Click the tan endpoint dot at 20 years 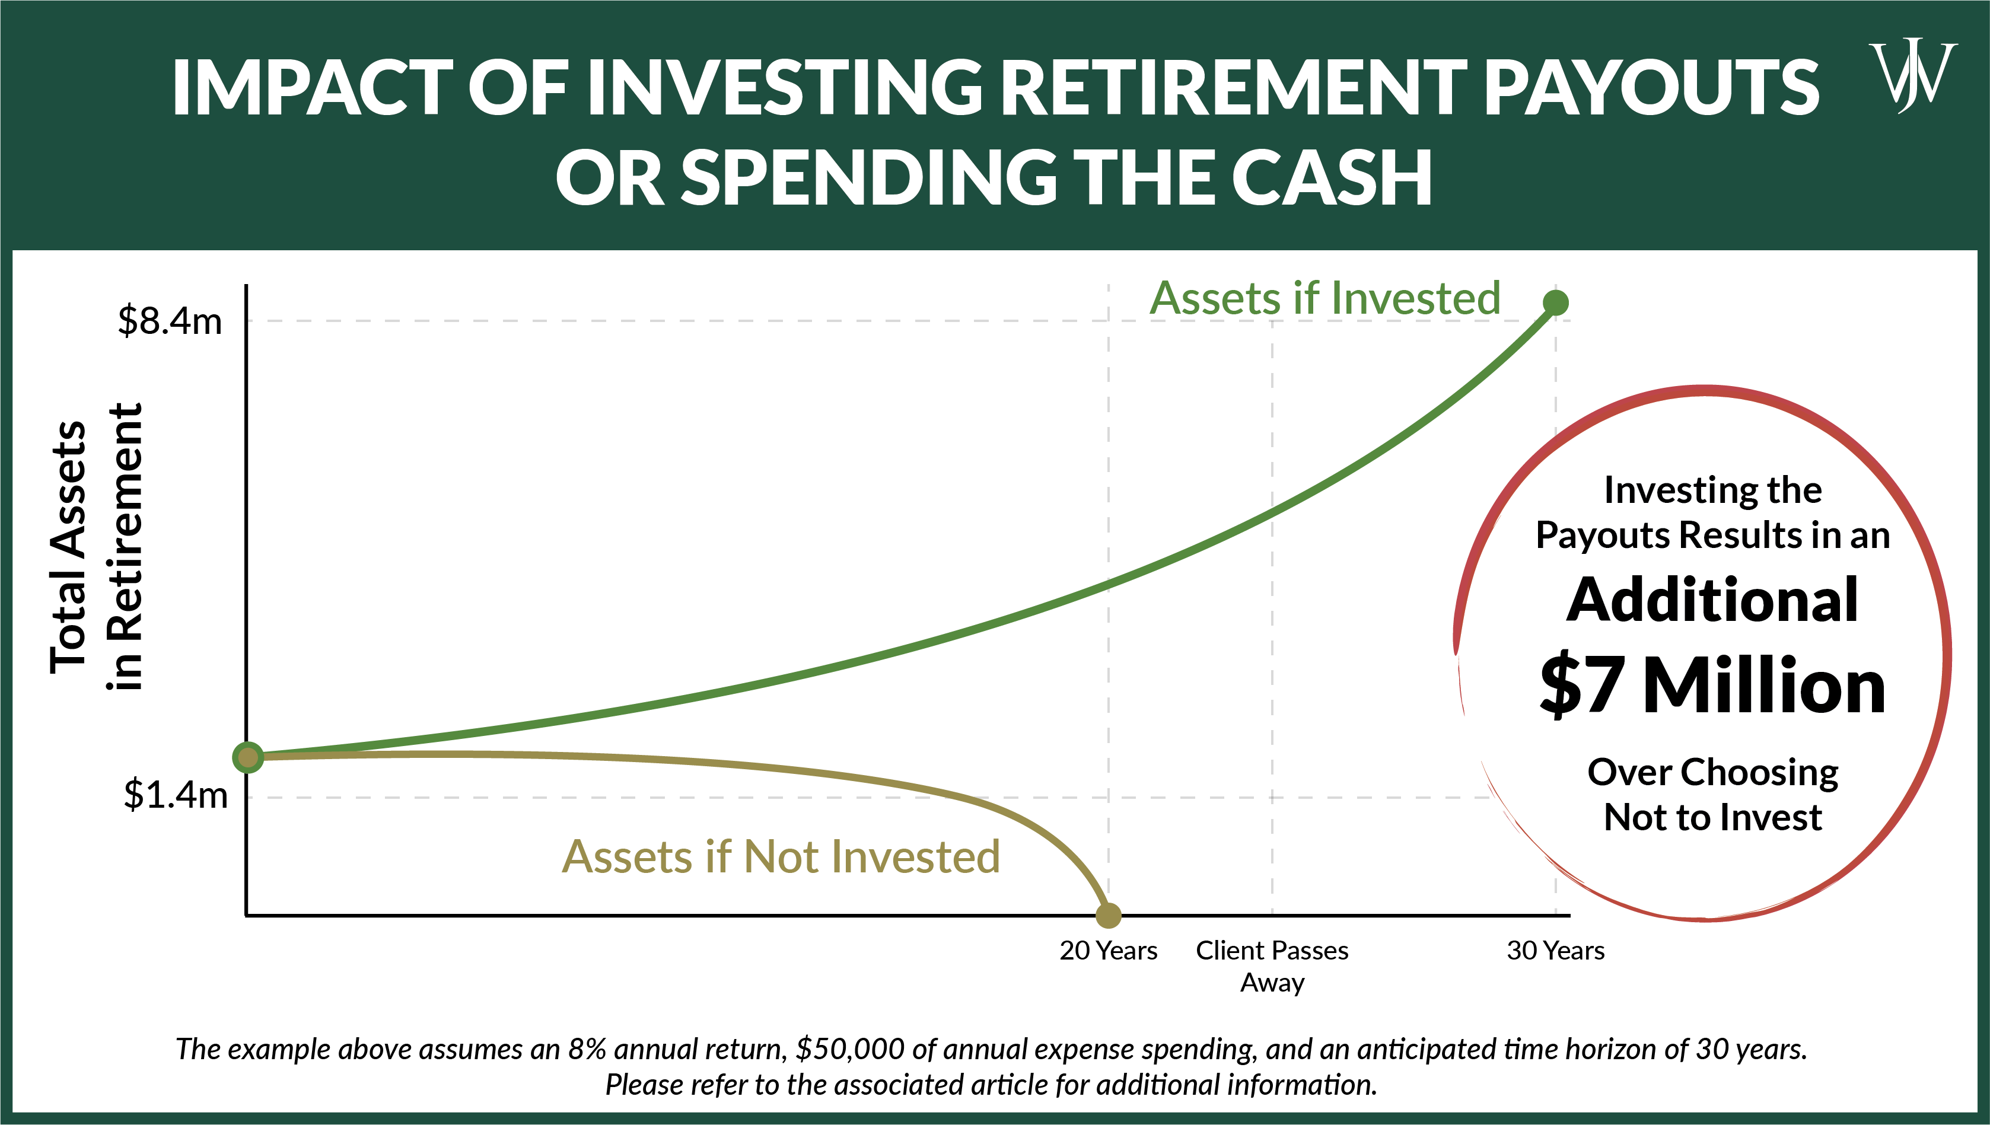click(x=1108, y=915)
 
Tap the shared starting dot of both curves click(x=248, y=757)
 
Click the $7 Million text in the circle click(x=1712, y=684)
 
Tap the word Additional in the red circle click(x=1712, y=600)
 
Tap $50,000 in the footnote click(x=849, y=1048)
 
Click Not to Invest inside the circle click(x=1712, y=817)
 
